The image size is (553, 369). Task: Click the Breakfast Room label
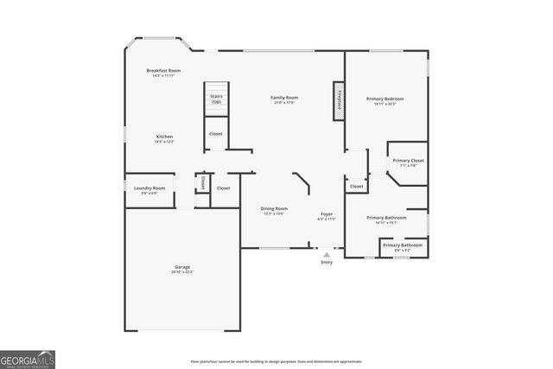(x=163, y=72)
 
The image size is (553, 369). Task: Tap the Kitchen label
(x=164, y=139)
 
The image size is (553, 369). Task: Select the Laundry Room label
(x=149, y=189)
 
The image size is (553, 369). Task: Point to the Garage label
(x=181, y=269)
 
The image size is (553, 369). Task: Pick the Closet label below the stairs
(x=216, y=134)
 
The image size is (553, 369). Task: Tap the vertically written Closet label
(x=202, y=183)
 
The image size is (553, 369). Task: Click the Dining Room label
(x=275, y=210)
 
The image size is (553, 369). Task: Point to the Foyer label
(x=327, y=215)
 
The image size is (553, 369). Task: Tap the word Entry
(x=327, y=262)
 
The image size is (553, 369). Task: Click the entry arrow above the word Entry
(x=327, y=255)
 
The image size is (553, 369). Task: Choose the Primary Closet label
(x=408, y=162)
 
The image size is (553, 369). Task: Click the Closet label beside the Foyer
(x=356, y=186)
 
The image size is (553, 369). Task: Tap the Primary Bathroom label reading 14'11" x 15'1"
(x=386, y=219)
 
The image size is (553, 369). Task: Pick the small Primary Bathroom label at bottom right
(x=403, y=246)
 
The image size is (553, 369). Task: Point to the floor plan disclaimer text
(x=276, y=361)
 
